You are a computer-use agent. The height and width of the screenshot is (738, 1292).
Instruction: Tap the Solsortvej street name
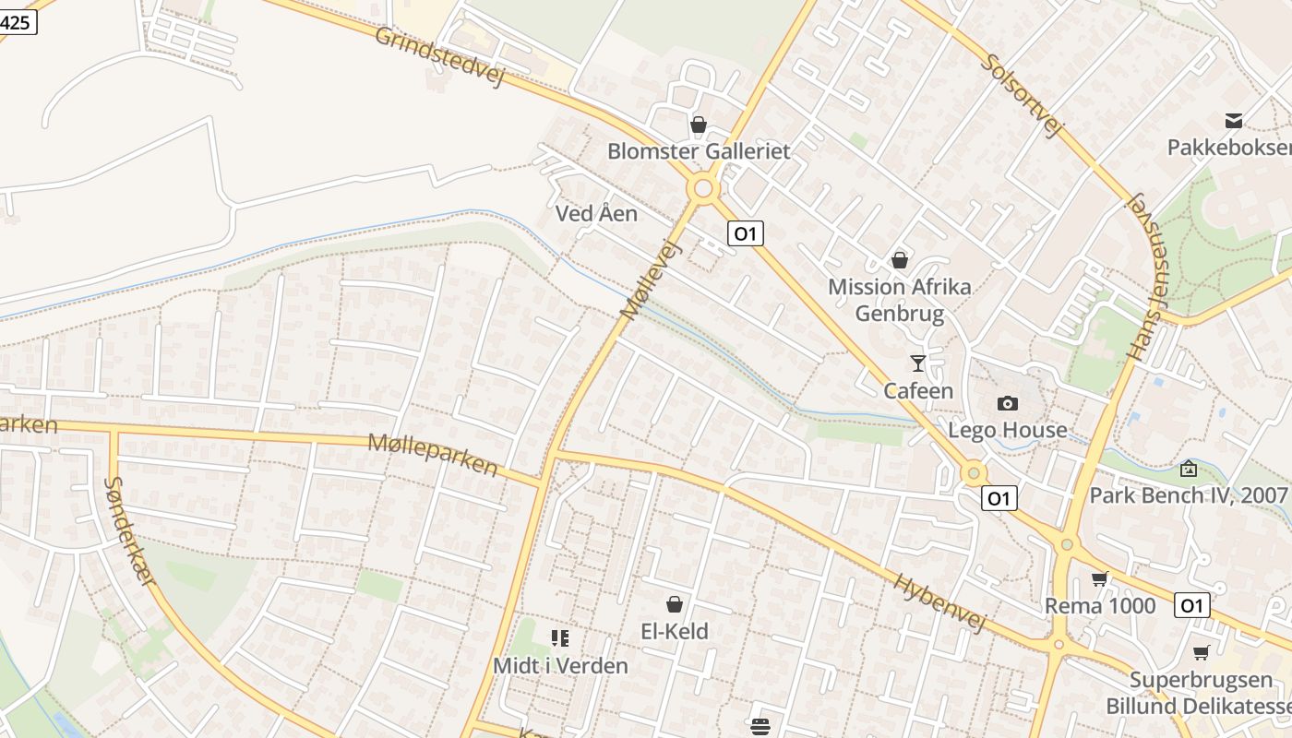(x=1022, y=94)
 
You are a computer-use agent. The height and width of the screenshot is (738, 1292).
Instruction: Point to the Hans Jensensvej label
(x=1145, y=277)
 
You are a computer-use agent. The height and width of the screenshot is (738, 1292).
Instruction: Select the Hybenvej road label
(x=939, y=601)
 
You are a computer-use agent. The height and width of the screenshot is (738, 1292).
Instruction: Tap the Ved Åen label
(x=596, y=214)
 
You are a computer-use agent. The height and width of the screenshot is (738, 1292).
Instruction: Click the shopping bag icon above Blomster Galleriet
(x=699, y=124)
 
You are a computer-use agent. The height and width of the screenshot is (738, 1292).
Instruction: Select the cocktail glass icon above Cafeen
(x=917, y=363)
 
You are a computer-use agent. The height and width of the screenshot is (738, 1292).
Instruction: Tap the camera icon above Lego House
(x=1008, y=403)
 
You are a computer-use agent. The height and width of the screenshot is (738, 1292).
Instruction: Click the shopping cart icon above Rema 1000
(x=1099, y=579)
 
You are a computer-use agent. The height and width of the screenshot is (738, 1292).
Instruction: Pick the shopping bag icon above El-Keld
(x=675, y=604)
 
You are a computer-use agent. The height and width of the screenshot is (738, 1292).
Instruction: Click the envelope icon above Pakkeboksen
(x=1233, y=121)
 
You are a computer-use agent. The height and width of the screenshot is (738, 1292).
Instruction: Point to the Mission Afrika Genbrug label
(x=899, y=300)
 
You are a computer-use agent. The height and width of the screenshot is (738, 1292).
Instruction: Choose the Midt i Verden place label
(x=560, y=665)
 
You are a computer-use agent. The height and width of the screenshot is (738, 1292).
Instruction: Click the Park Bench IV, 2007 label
(x=1188, y=495)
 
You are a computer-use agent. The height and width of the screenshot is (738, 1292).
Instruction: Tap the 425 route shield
(x=17, y=22)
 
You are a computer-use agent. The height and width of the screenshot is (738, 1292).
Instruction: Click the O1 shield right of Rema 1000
(x=1191, y=605)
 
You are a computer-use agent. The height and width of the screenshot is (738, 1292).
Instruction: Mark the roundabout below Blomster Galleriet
(x=703, y=189)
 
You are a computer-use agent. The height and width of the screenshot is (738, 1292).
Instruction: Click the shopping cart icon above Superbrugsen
(x=1201, y=653)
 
